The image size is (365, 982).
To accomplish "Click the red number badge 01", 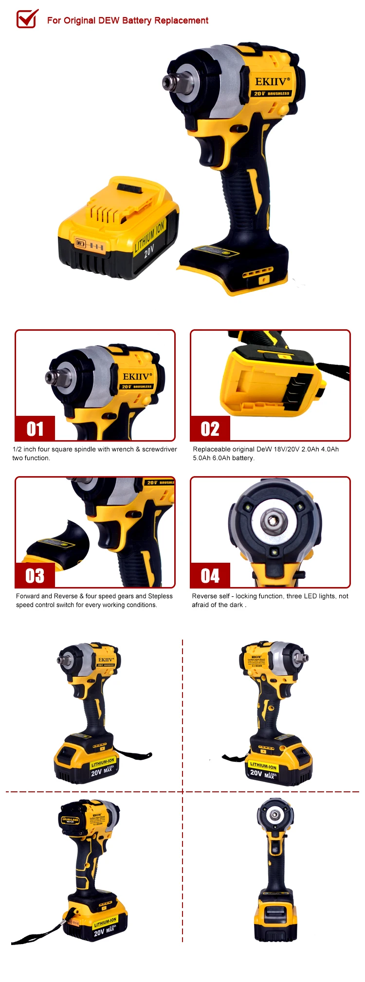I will tap(35, 429).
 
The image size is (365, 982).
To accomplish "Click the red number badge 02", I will tap(210, 429).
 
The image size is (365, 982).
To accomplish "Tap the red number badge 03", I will tap(35, 575).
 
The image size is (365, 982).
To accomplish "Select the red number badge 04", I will tap(210, 575).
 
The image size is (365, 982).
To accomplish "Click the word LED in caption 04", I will tap(310, 596).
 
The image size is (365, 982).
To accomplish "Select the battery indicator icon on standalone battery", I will tap(80, 243).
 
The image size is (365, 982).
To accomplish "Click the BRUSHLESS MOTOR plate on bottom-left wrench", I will tap(70, 820).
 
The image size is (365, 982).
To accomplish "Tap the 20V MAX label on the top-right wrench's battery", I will tap(263, 773).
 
